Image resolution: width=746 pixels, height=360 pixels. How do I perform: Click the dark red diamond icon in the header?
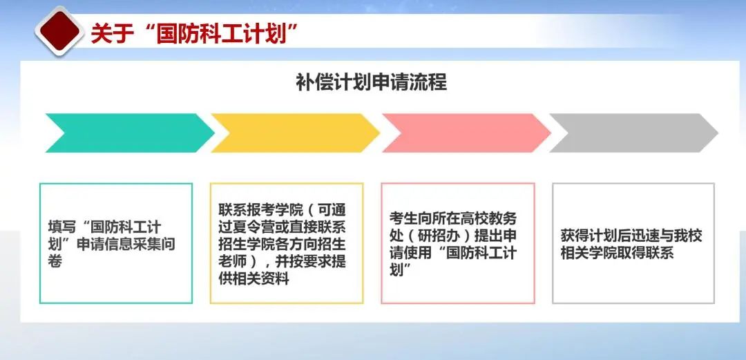tap(59, 31)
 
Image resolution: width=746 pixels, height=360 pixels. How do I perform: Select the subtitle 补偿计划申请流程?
tap(372, 83)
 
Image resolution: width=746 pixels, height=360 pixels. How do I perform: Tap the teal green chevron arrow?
tap(130, 133)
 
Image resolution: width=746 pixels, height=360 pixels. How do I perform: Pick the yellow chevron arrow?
tap(296, 133)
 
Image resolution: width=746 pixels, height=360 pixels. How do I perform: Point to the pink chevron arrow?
tap(467, 133)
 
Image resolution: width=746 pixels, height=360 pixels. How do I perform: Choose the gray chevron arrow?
tap(633, 133)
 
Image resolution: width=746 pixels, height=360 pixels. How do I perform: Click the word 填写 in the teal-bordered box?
tap(61, 227)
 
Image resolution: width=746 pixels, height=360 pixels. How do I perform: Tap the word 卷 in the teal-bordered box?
tap(55, 261)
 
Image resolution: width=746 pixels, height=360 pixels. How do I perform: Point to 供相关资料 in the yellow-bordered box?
tap(254, 278)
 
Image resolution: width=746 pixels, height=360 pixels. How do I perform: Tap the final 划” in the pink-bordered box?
tap(401, 270)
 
